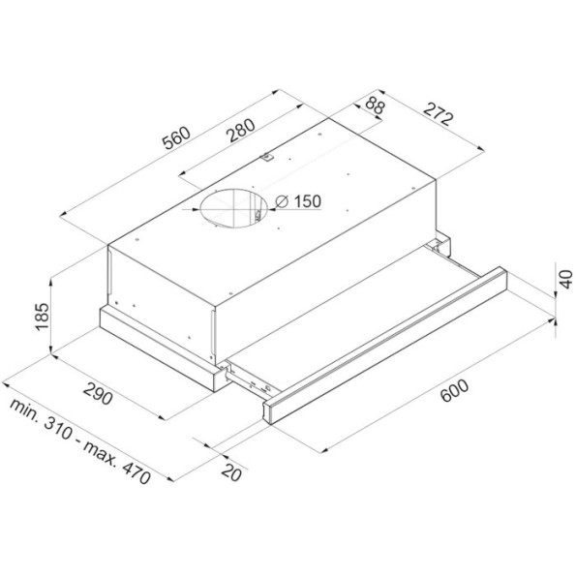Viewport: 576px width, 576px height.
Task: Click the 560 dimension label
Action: (177, 137)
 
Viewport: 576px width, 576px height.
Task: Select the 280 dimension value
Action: (241, 130)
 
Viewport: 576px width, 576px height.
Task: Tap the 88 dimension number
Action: (376, 106)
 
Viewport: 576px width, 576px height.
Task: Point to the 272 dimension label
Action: (438, 114)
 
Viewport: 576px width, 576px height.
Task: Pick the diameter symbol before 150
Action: (282, 201)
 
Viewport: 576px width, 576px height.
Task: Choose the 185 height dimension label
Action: (41, 317)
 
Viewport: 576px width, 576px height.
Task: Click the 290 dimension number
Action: (97, 393)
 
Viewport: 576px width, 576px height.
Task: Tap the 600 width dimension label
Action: (455, 391)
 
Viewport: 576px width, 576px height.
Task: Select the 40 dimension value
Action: (566, 279)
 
